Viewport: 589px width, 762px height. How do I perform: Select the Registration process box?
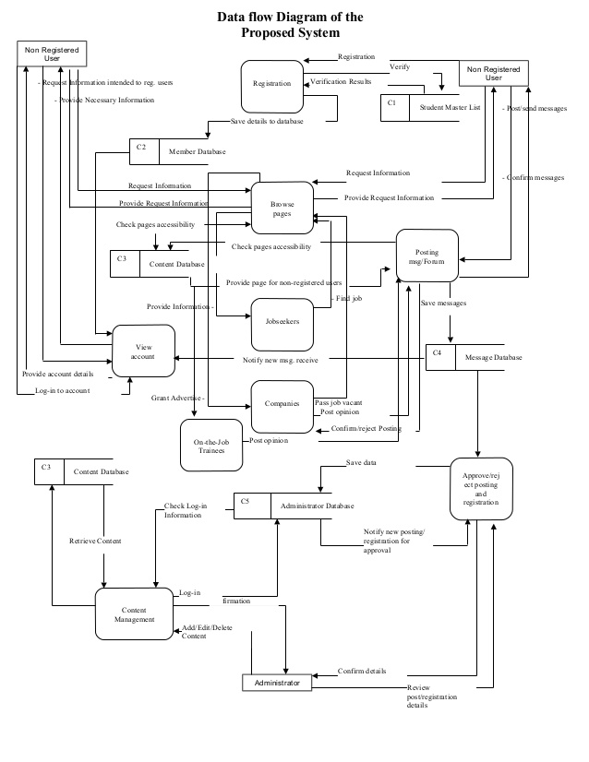click(272, 85)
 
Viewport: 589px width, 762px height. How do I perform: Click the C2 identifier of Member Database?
click(141, 148)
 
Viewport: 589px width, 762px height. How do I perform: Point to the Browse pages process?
click(282, 208)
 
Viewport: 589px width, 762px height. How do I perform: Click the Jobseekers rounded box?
click(282, 322)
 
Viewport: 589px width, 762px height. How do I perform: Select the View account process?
click(143, 351)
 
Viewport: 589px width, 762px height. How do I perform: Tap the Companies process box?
click(282, 404)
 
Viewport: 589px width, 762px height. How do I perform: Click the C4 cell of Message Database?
click(439, 356)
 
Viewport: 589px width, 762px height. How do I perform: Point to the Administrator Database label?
click(317, 506)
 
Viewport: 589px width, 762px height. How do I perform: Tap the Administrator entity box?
click(277, 684)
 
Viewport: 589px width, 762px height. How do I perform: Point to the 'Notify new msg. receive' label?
click(280, 360)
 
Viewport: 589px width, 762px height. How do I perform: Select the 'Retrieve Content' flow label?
click(95, 541)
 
